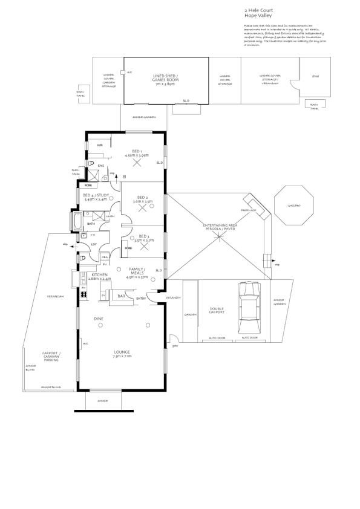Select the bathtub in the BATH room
[x=78, y=221]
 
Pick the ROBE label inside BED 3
[x=128, y=247]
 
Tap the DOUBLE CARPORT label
[x=217, y=310]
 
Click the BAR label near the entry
[x=121, y=296]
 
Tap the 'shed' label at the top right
[x=315, y=77]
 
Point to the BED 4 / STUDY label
[x=96, y=195]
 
